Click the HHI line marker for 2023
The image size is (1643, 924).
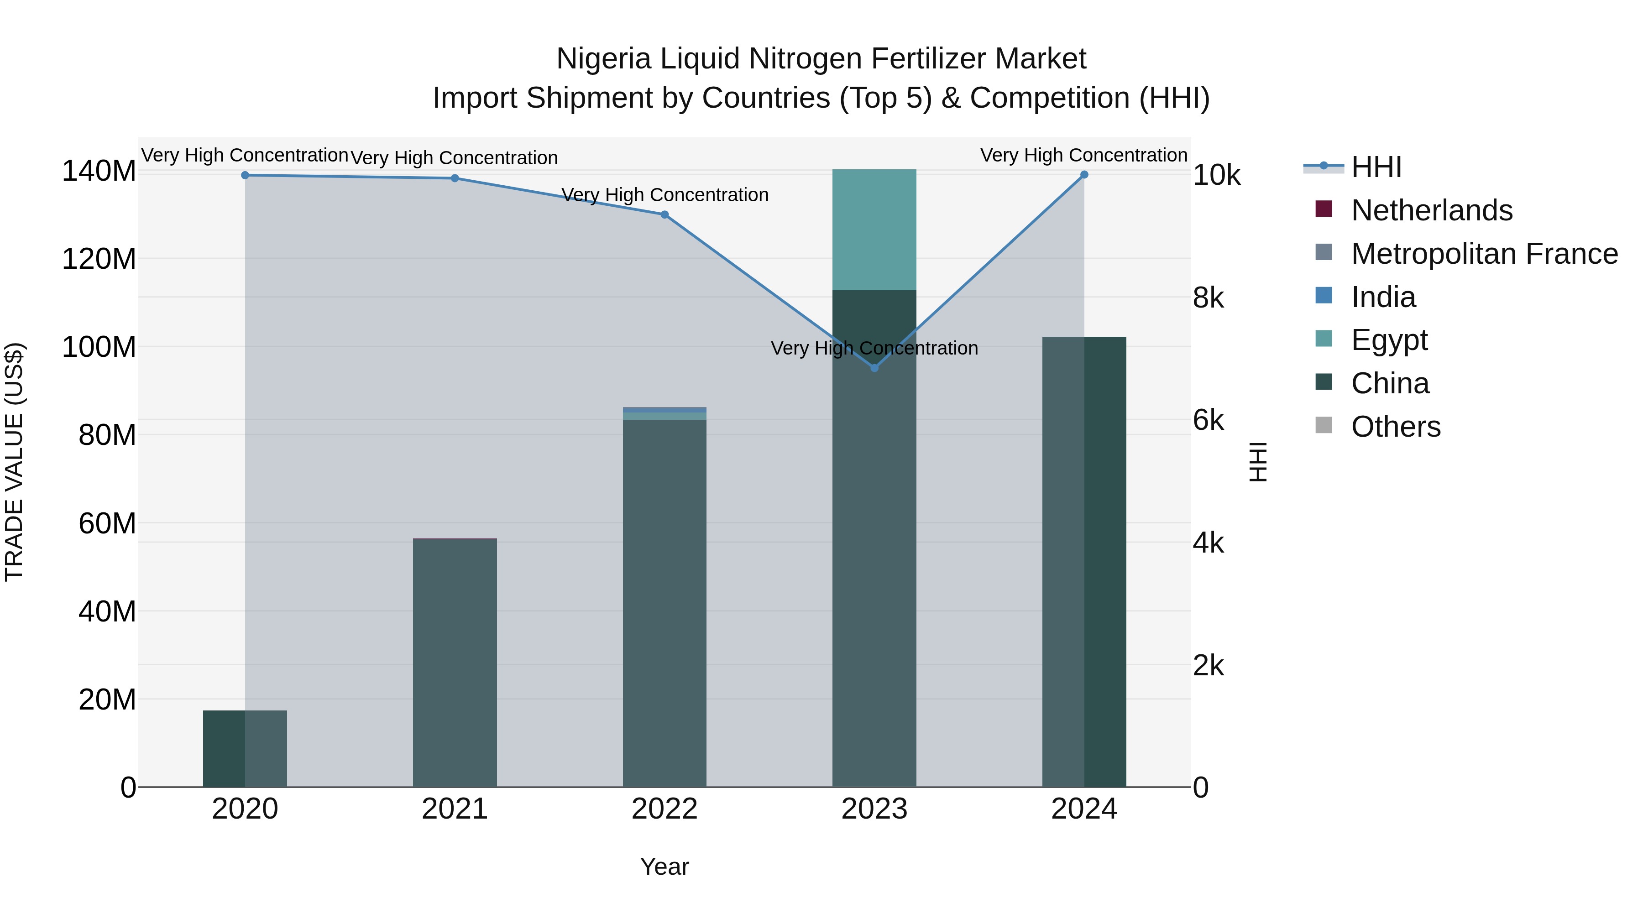874,368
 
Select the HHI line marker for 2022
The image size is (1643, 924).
665,215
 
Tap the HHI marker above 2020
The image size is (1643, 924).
245,175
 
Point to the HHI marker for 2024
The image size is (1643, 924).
1084,175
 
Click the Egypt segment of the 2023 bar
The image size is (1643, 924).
874,230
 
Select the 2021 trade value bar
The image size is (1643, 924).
455,663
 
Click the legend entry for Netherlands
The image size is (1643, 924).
1431,210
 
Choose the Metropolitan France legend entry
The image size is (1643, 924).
1484,254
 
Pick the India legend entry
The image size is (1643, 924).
1383,297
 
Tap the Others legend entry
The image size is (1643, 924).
1396,427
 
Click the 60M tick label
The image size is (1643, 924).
107,523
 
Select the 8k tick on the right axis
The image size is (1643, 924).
1209,298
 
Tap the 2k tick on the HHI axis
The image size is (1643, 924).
1209,666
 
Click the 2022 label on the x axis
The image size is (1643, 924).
665,809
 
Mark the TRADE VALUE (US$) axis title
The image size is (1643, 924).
14,462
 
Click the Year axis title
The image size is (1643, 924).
665,867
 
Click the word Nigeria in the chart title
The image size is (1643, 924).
603,59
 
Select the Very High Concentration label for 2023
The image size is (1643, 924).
874,348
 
